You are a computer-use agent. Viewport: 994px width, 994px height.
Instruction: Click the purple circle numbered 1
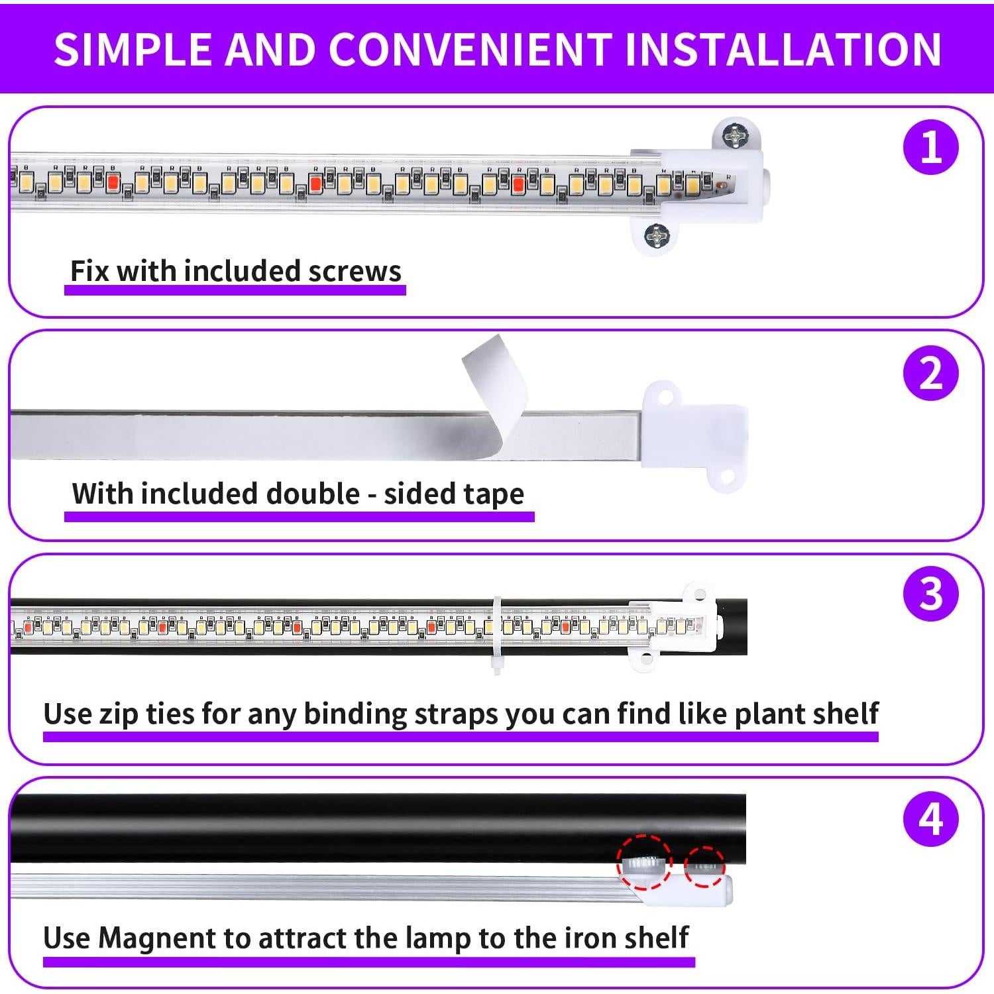click(930, 146)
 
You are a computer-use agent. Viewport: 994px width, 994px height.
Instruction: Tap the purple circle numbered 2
click(930, 373)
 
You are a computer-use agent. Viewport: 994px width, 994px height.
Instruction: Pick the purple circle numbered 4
click(930, 819)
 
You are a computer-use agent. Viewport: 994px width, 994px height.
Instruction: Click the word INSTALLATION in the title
click(783, 49)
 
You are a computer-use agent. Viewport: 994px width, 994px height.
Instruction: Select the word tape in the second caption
click(494, 494)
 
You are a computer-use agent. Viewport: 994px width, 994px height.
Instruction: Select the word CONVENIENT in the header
click(470, 49)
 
